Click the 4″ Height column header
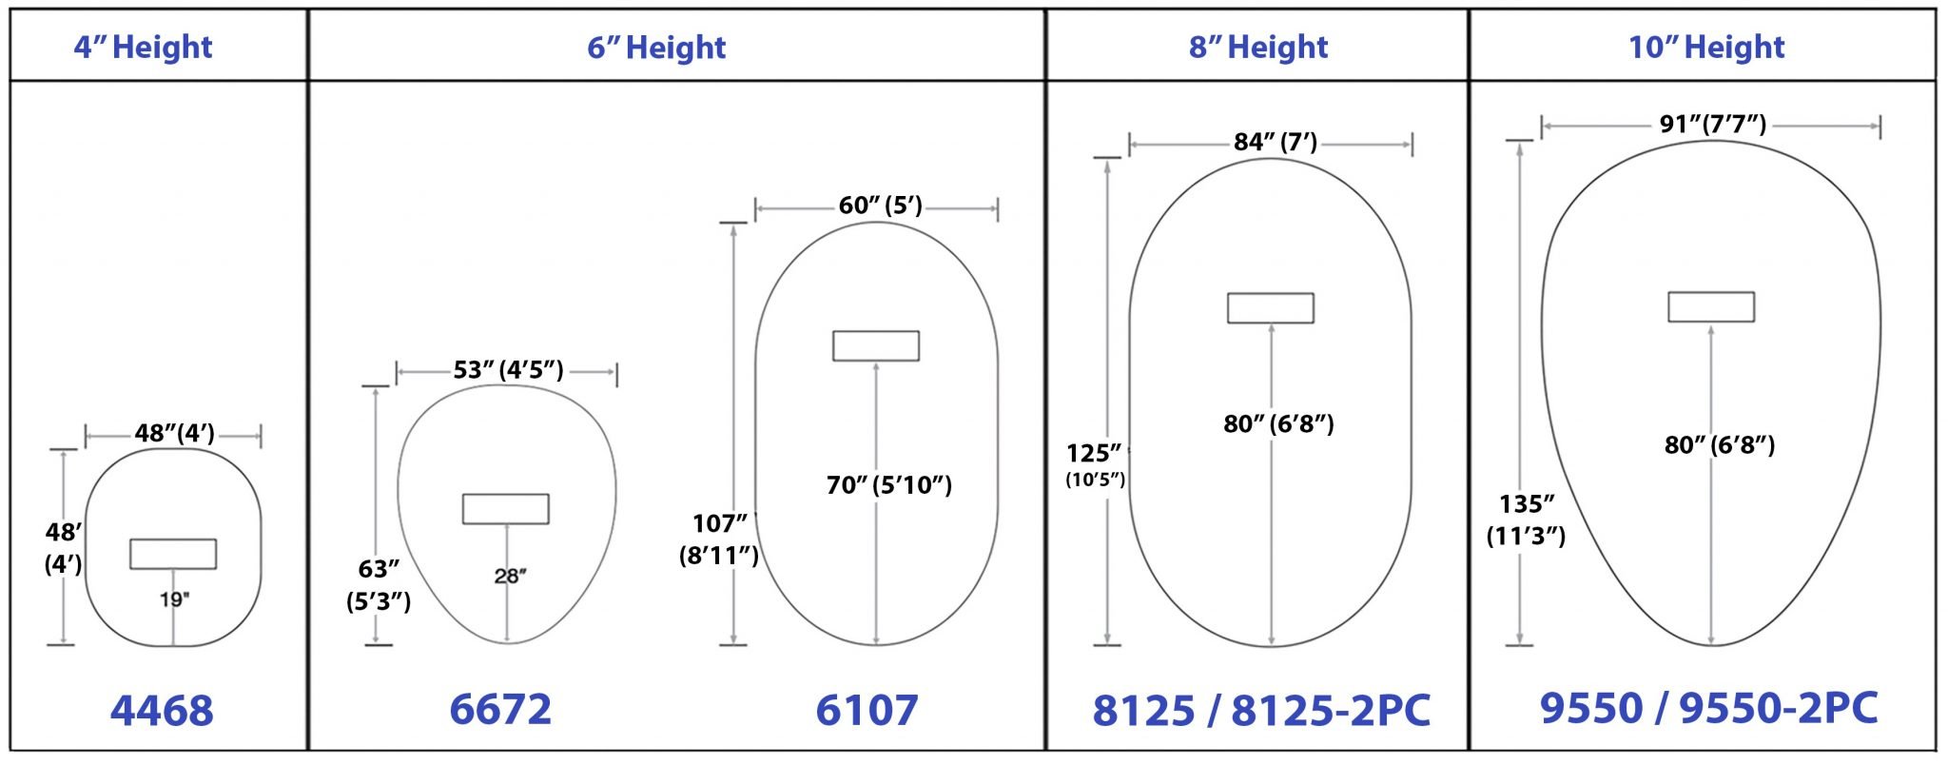pyautogui.click(x=144, y=47)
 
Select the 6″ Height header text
pyautogui.click(x=656, y=47)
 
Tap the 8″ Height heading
pyautogui.click(x=1258, y=47)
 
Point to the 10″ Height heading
pyautogui.click(x=1706, y=47)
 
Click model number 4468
pyautogui.click(x=162, y=711)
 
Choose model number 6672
pyautogui.click(x=500, y=710)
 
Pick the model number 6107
pyautogui.click(x=867, y=711)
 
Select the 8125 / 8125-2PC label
pyautogui.click(x=1260, y=711)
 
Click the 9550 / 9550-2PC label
pyautogui.click(x=1709, y=708)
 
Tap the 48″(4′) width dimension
pyautogui.click(x=175, y=434)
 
